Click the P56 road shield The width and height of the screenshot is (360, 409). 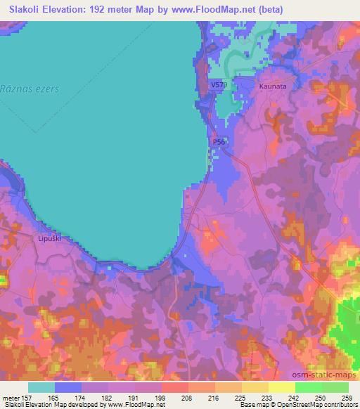(x=219, y=141)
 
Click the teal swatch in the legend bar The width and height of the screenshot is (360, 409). (x=41, y=387)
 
